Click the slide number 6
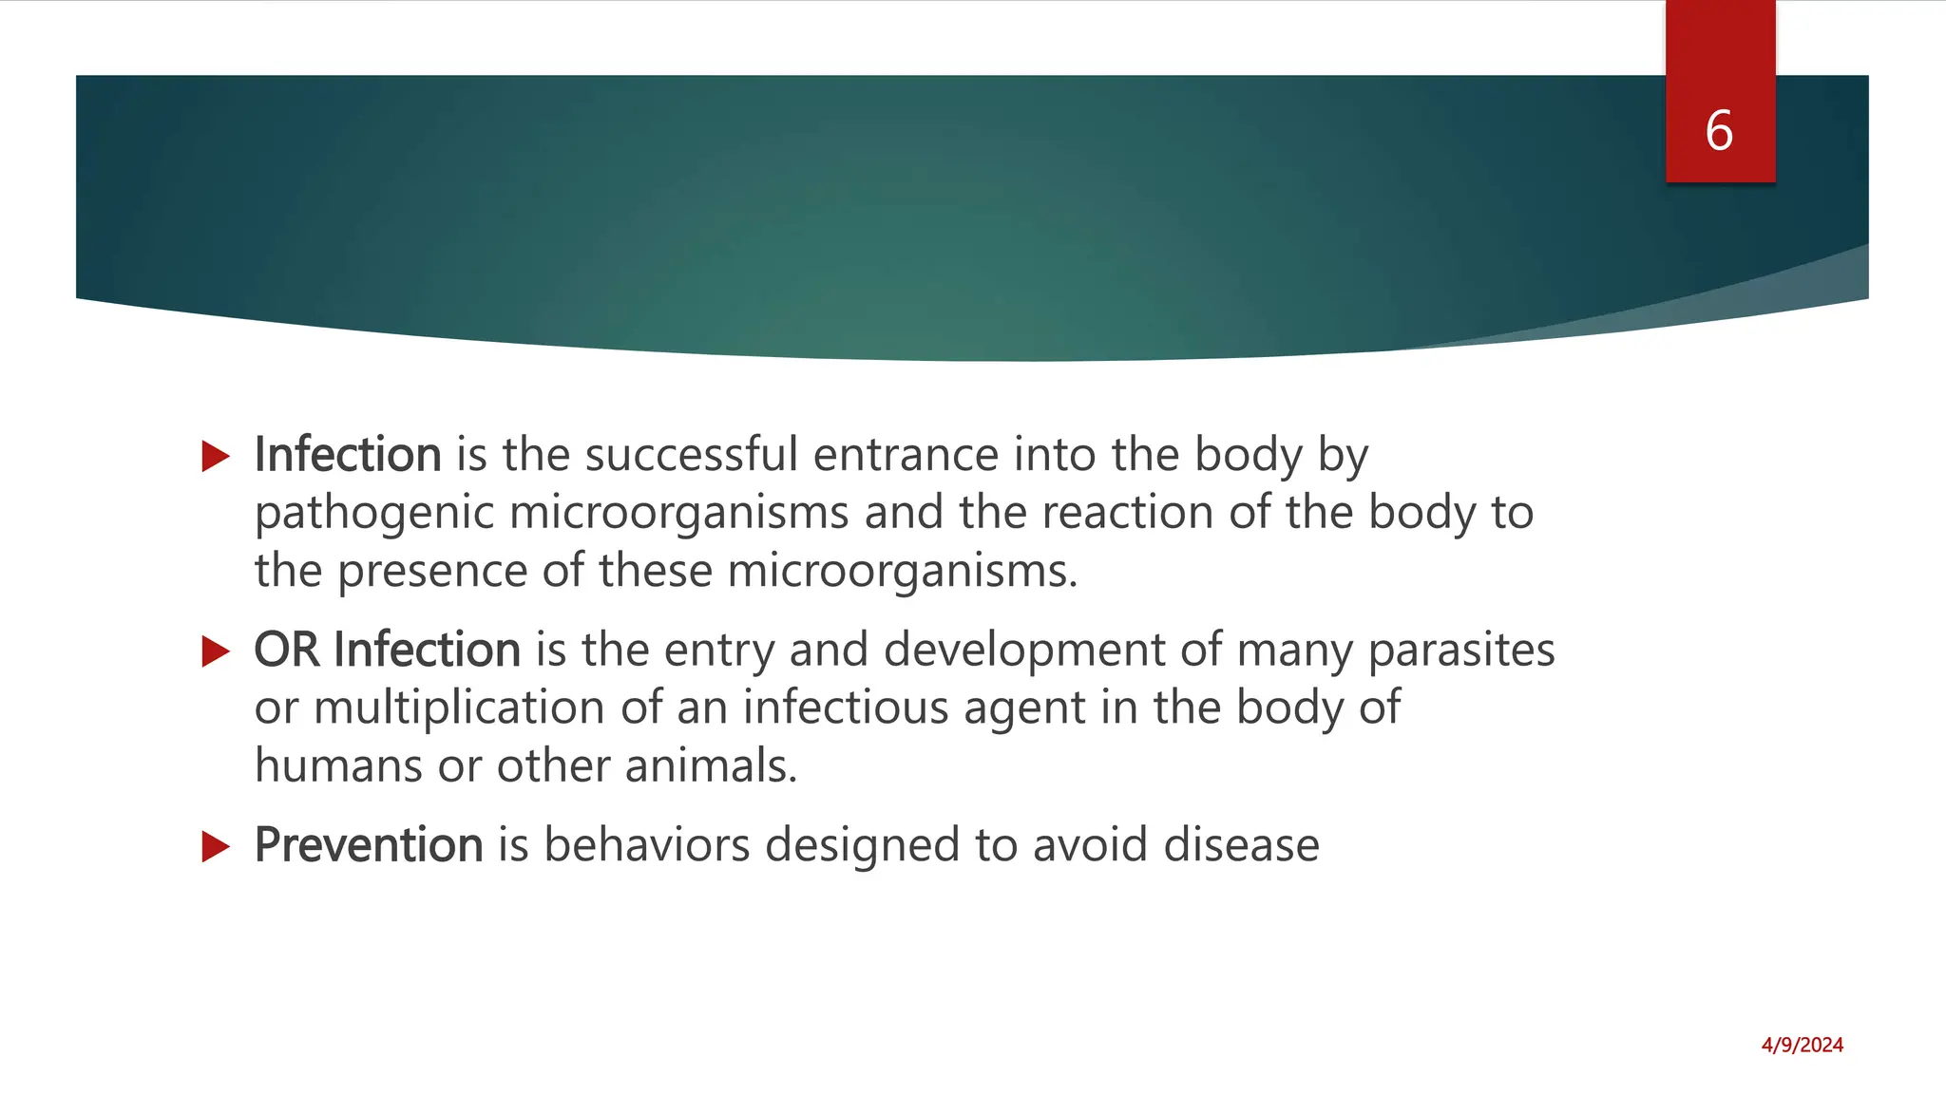point(1719,130)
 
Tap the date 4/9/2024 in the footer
point(1802,1046)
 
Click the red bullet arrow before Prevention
point(217,846)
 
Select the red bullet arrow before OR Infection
point(217,651)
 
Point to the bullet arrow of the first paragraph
point(217,457)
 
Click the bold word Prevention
point(369,844)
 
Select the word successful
point(691,454)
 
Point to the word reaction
point(1127,513)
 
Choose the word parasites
point(1461,651)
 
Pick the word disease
point(1241,844)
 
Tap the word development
point(1024,651)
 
